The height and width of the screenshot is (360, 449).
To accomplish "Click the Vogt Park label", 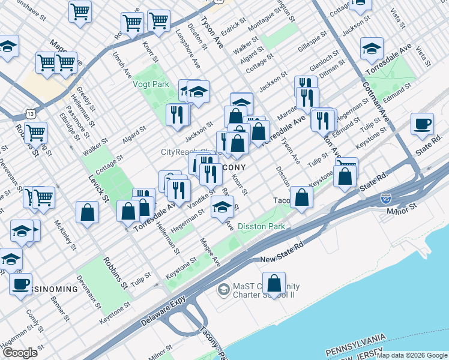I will pos(151,85).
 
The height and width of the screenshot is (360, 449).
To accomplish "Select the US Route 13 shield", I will pos(30,113).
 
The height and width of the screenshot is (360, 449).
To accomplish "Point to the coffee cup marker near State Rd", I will pos(422,124).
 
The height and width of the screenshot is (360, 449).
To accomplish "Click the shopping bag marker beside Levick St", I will pos(88,212).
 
